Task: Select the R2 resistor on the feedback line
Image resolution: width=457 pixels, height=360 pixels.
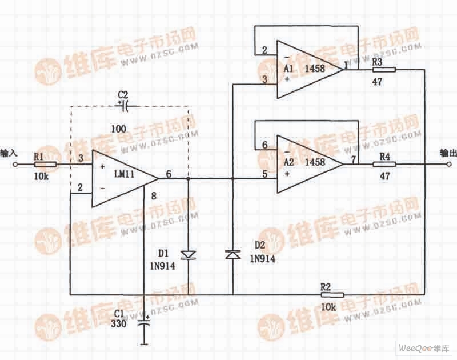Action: point(332,294)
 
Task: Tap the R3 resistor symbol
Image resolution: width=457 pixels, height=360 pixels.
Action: point(384,70)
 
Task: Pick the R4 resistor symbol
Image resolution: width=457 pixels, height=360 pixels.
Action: point(384,165)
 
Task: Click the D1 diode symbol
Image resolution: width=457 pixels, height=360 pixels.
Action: point(188,255)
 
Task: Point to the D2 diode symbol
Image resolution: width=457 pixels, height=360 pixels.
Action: point(233,255)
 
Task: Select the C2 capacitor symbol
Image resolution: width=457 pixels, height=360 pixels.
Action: point(124,106)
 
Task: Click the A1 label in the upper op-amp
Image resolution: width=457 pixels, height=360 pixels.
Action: point(288,68)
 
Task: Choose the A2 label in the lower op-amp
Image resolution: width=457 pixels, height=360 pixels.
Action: point(288,162)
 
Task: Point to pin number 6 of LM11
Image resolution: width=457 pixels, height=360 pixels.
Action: point(169,172)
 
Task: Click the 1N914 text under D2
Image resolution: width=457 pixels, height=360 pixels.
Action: point(263,258)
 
